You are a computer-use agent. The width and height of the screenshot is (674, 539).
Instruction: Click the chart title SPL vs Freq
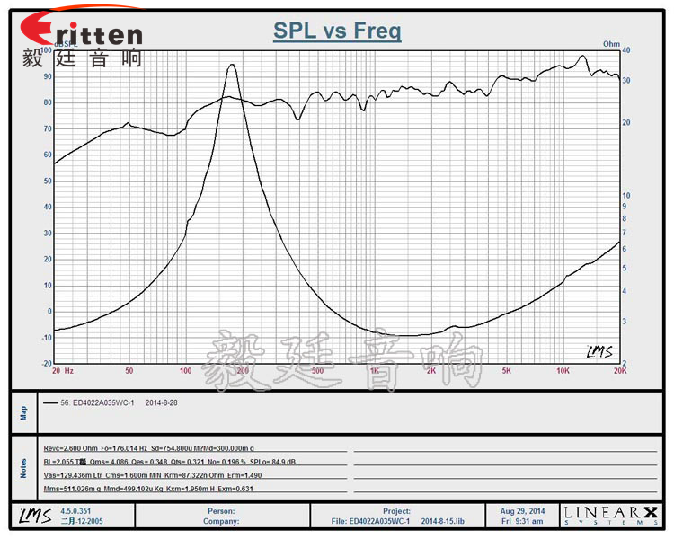tap(337, 32)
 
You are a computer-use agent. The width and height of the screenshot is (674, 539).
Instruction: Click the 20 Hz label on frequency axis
tap(63, 370)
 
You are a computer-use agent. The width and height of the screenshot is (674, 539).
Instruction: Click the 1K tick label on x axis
tap(374, 370)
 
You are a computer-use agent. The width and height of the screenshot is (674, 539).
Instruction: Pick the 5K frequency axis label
tap(506, 370)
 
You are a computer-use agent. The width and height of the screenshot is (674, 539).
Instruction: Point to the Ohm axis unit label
tap(612, 43)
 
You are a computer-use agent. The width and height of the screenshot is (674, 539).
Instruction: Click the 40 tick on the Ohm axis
tap(625, 51)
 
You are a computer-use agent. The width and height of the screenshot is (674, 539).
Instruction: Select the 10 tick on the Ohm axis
tap(625, 195)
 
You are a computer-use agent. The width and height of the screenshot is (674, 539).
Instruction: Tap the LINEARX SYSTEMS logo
tap(611, 515)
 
